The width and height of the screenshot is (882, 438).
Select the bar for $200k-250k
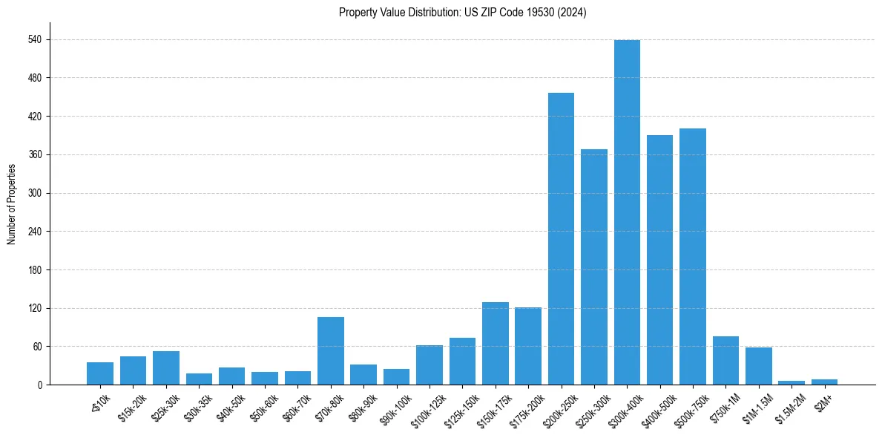pyautogui.click(x=561, y=239)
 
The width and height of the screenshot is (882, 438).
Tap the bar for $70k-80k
pyautogui.click(x=331, y=351)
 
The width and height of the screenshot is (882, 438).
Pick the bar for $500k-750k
pyautogui.click(x=693, y=257)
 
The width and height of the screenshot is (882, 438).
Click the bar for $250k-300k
pyautogui.click(x=594, y=267)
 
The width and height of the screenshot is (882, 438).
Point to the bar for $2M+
pyautogui.click(x=824, y=382)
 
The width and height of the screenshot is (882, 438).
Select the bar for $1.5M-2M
pyautogui.click(x=792, y=382)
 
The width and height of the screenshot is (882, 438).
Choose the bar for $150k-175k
pyautogui.click(x=496, y=344)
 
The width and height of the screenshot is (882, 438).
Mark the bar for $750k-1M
pyautogui.click(x=725, y=361)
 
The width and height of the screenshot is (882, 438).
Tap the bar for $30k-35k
pyautogui.click(x=199, y=379)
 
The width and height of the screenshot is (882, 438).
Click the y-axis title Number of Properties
pyautogui.click(x=11, y=204)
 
